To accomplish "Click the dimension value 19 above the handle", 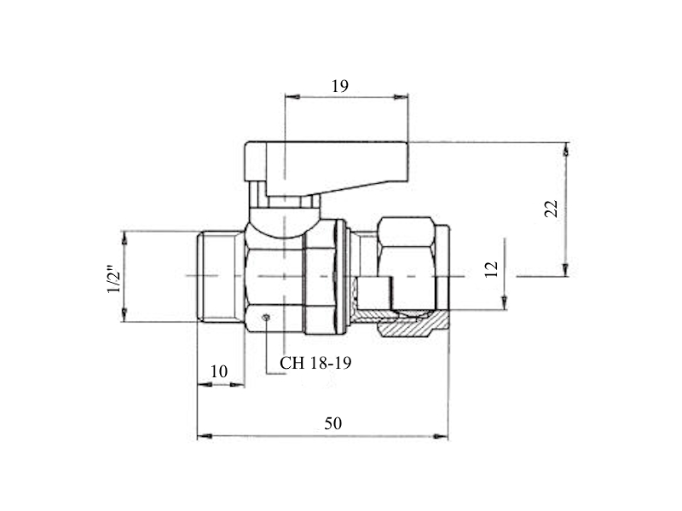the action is click(x=340, y=86).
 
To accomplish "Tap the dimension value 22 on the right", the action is click(x=551, y=209).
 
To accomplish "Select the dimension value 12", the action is click(x=491, y=269).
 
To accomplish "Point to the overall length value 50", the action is click(x=332, y=423).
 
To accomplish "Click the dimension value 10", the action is click(x=219, y=371).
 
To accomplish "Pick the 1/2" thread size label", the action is click(x=115, y=278).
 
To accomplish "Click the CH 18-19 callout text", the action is click(x=315, y=363).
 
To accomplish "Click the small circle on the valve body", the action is click(x=266, y=317).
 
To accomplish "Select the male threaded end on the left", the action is click(x=220, y=276).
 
